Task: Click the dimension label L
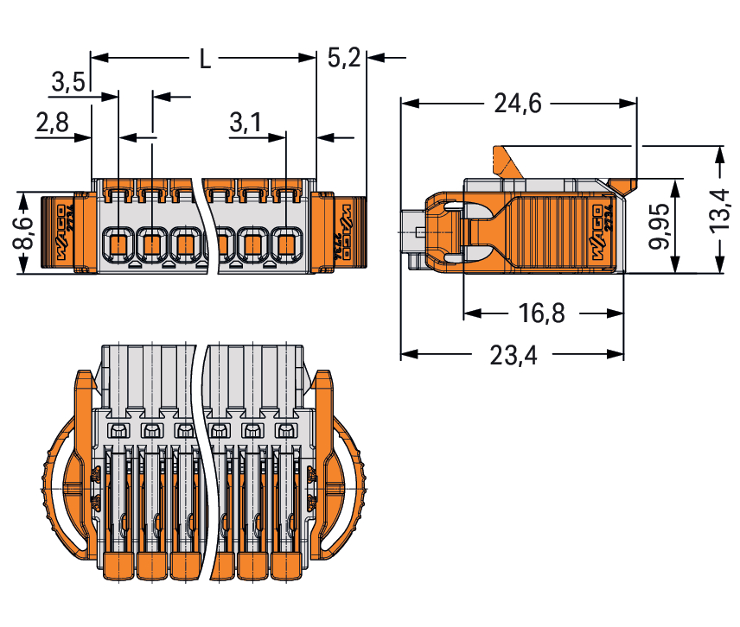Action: point(204,59)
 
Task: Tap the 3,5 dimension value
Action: point(67,83)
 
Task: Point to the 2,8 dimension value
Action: point(53,123)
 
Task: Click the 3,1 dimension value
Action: point(246,123)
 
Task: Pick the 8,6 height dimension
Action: point(23,232)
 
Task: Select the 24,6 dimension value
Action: point(518,104)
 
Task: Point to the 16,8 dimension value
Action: point(543,313)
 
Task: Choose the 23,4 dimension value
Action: point(513,355)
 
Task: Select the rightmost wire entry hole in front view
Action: point(286,244)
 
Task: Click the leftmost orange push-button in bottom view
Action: point(118,565)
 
